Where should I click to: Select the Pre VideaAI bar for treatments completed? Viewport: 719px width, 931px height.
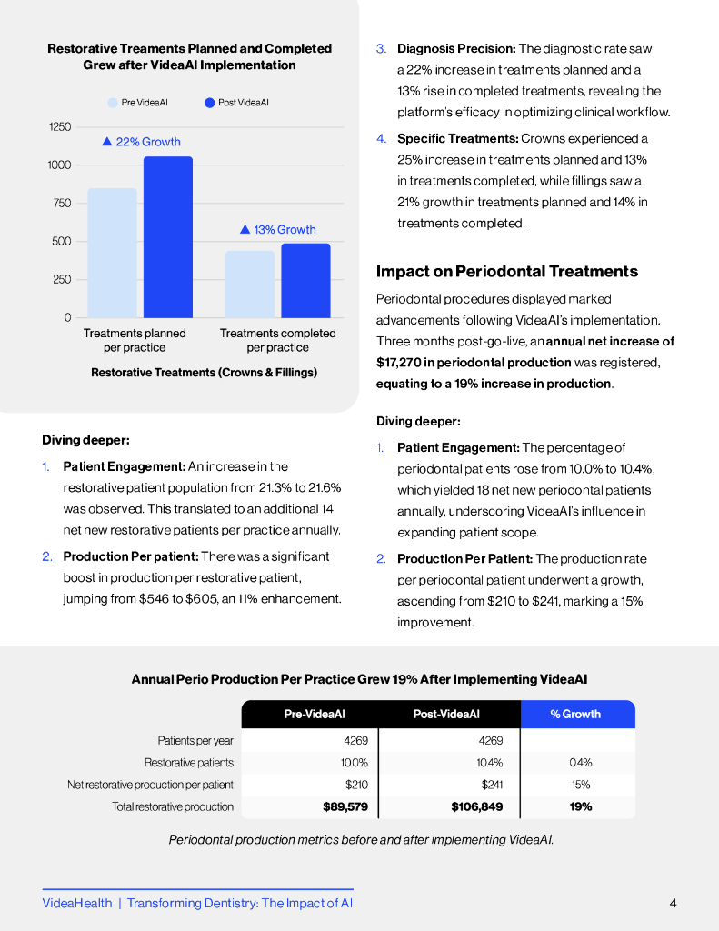250,284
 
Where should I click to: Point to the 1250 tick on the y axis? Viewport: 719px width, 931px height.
60,127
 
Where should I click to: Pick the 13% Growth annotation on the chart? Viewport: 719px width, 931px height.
278,230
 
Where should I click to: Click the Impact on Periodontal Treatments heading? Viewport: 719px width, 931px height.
507,271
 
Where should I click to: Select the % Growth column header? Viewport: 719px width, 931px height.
575,715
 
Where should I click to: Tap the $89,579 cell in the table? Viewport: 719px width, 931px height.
345,806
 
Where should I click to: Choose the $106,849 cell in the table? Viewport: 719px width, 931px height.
477,806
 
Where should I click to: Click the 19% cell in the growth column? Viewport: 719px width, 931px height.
581,806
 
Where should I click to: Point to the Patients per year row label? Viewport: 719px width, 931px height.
195,741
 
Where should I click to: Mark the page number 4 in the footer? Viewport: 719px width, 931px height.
673,903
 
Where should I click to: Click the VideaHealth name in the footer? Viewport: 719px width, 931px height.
77,903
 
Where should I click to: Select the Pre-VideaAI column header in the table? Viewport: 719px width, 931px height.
315,715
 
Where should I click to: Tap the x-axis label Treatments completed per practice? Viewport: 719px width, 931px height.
277,340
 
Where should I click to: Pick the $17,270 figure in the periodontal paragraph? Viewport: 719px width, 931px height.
401,362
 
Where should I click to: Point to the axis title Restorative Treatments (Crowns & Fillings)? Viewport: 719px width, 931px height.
204,373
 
